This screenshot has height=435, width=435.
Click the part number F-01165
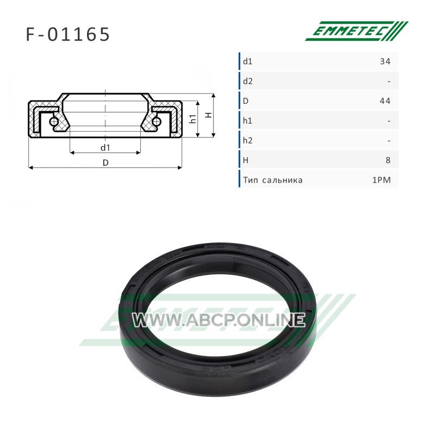(68, 34)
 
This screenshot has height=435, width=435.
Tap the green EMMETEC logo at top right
(357, 31)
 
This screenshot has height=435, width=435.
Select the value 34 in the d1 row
(385, 61)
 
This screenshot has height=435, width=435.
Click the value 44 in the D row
(385, 101)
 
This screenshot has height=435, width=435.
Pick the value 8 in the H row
(388, 160)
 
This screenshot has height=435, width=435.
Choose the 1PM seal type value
(382, 180)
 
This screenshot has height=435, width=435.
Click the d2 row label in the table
(248, 81)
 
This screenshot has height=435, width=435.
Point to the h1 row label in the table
(247, 121)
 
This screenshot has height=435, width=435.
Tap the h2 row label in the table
(248, 140)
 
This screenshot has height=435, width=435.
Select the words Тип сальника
(273, 180)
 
